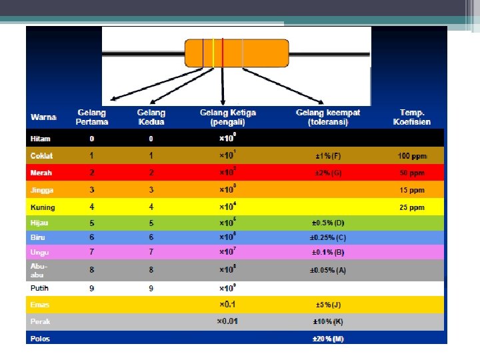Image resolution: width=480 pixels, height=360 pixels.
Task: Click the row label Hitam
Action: tap(41, 139)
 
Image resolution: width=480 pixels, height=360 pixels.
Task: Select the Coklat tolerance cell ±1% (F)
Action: tap(328, 156)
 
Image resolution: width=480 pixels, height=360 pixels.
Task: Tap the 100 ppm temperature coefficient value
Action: tap(412, 156)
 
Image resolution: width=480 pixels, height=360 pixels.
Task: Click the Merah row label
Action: tap(41, 173)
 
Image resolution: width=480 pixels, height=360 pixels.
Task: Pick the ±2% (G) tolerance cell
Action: tap(328, 173)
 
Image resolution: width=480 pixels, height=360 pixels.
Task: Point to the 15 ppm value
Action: tap(412, 190)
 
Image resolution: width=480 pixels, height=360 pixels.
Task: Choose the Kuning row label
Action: tap(42, 207)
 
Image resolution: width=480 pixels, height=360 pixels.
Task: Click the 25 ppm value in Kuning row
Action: tap(412, 207)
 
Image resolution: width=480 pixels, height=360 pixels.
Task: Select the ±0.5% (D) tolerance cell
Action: tap(328, 223)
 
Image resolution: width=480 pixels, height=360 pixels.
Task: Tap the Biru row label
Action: tap(37, 237)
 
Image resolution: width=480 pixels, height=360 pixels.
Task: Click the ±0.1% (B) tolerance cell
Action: tap(328, 253)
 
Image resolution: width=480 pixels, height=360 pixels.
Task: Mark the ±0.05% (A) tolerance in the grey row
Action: tap(328, 270)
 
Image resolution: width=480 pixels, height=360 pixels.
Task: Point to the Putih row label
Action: tap(40, 288)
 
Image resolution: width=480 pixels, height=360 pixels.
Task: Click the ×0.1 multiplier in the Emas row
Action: tap(228, 305)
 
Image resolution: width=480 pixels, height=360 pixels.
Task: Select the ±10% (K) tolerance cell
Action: tap(328, 321)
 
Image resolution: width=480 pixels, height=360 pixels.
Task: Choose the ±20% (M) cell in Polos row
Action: tap(328, 339)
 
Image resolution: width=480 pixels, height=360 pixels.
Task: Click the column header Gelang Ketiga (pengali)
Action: tap(228, 117)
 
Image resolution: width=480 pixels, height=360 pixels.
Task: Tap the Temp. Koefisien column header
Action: tap(412, 117)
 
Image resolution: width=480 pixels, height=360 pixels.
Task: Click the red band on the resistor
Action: tap(223, 53)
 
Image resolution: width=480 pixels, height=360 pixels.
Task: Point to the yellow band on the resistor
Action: tap(213, 53)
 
